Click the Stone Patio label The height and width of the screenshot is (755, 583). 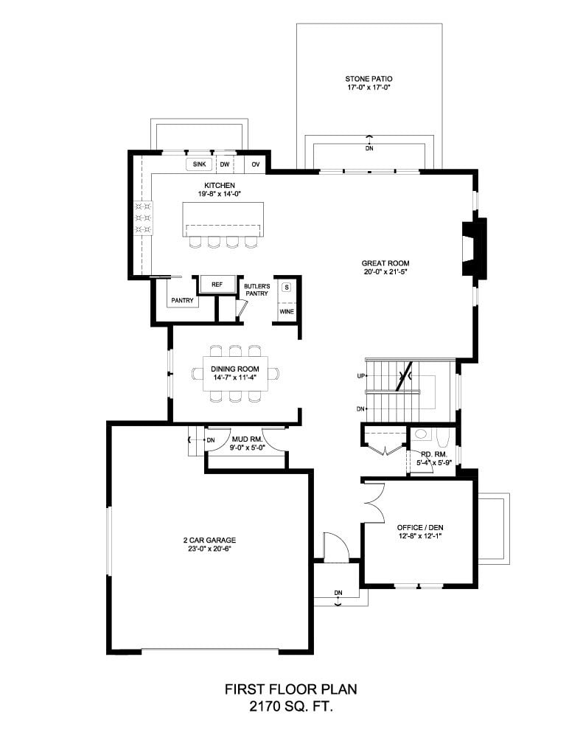[x=369, y=79]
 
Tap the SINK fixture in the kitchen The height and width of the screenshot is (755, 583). [x=199, y=164]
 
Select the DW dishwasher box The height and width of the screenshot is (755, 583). [x=224, y=164]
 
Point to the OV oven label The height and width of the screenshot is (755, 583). [x=256, y=164]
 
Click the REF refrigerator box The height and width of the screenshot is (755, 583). [x=217, y=285]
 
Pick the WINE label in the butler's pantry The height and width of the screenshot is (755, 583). [x=287, y=312]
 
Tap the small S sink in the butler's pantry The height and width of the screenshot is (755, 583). [x=287, y=288]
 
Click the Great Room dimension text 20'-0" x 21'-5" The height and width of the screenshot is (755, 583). [x=385, y=272]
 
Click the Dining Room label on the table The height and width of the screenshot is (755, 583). [x=234, y=369]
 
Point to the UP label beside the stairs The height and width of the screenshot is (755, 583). [x=361, y=376]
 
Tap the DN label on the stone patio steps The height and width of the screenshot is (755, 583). [x=369, y=148]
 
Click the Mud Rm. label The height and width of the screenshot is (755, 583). [x=247, y=439]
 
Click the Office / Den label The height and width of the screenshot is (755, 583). [x=420, y=527]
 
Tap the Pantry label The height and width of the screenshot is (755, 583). [x=183, y=301]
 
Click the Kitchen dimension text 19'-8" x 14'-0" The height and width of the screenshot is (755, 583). [x=220, y=194]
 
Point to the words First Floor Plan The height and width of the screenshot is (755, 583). [x=291, y=689]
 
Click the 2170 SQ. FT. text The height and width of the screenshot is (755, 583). [x=291, y=707]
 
